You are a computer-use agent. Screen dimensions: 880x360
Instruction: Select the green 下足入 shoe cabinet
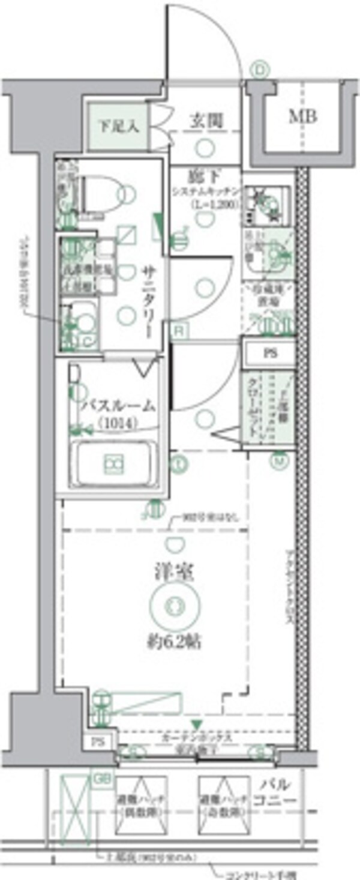(118, 127)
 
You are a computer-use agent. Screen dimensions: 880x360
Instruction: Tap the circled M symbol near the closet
(279, 460)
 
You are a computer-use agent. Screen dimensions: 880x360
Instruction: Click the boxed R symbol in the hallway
(179, 331)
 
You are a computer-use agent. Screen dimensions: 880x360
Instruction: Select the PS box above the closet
(269, 353)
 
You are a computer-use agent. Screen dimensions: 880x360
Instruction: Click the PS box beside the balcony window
(98, 742)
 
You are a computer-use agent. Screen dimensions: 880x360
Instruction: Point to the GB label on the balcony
(101, 779)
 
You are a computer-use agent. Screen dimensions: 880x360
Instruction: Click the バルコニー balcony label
(276, 792)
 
